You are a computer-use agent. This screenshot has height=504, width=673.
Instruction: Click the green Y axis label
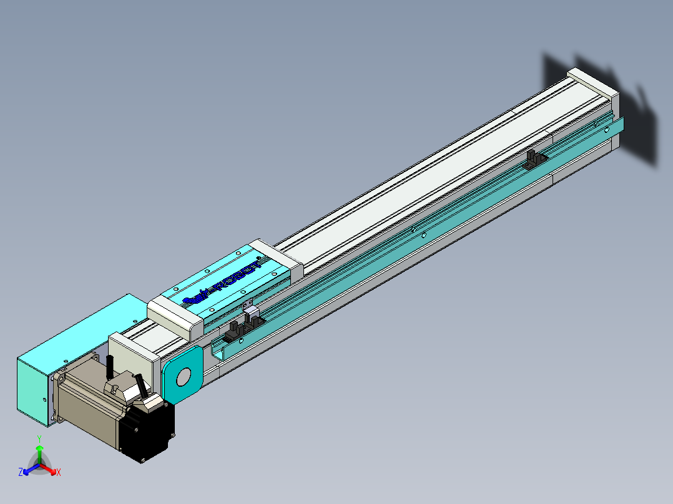click(39, 439)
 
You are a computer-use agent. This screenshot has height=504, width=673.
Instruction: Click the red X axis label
click(59, 473)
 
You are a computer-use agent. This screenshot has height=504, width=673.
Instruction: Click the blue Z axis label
click(21, 473)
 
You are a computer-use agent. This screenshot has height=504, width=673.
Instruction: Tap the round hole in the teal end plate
click(184, 377)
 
